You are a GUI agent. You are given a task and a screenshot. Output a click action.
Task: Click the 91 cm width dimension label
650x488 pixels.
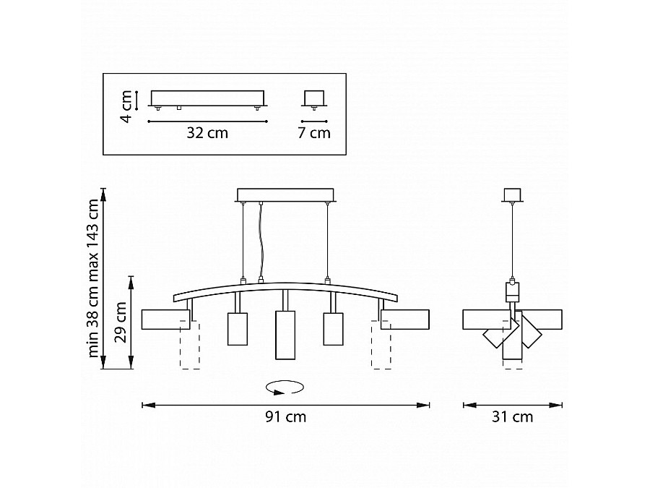(285, 416)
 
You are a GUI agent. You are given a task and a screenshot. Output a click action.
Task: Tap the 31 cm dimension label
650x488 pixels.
(512, 416)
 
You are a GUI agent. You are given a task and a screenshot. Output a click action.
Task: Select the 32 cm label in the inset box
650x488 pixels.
(207, 133)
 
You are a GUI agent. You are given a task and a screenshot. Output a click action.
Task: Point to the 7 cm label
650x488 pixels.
(314, 133)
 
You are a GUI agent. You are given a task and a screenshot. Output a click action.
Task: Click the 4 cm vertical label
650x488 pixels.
(126, 107)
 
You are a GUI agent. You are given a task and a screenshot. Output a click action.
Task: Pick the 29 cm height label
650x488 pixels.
(121, 322)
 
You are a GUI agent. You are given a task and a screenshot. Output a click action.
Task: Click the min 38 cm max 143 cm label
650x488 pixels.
(94, 278)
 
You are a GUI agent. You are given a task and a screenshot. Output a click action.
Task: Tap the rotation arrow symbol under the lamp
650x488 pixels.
(285, 388)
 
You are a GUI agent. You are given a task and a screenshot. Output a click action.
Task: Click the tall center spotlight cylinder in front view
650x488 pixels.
(285, 335)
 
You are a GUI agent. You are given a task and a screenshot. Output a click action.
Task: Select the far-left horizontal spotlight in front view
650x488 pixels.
(166, 320)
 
